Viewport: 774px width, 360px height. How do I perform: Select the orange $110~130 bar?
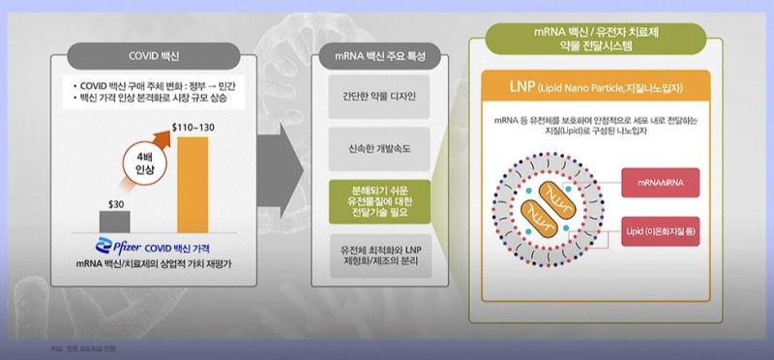click(x=193, y=184)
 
